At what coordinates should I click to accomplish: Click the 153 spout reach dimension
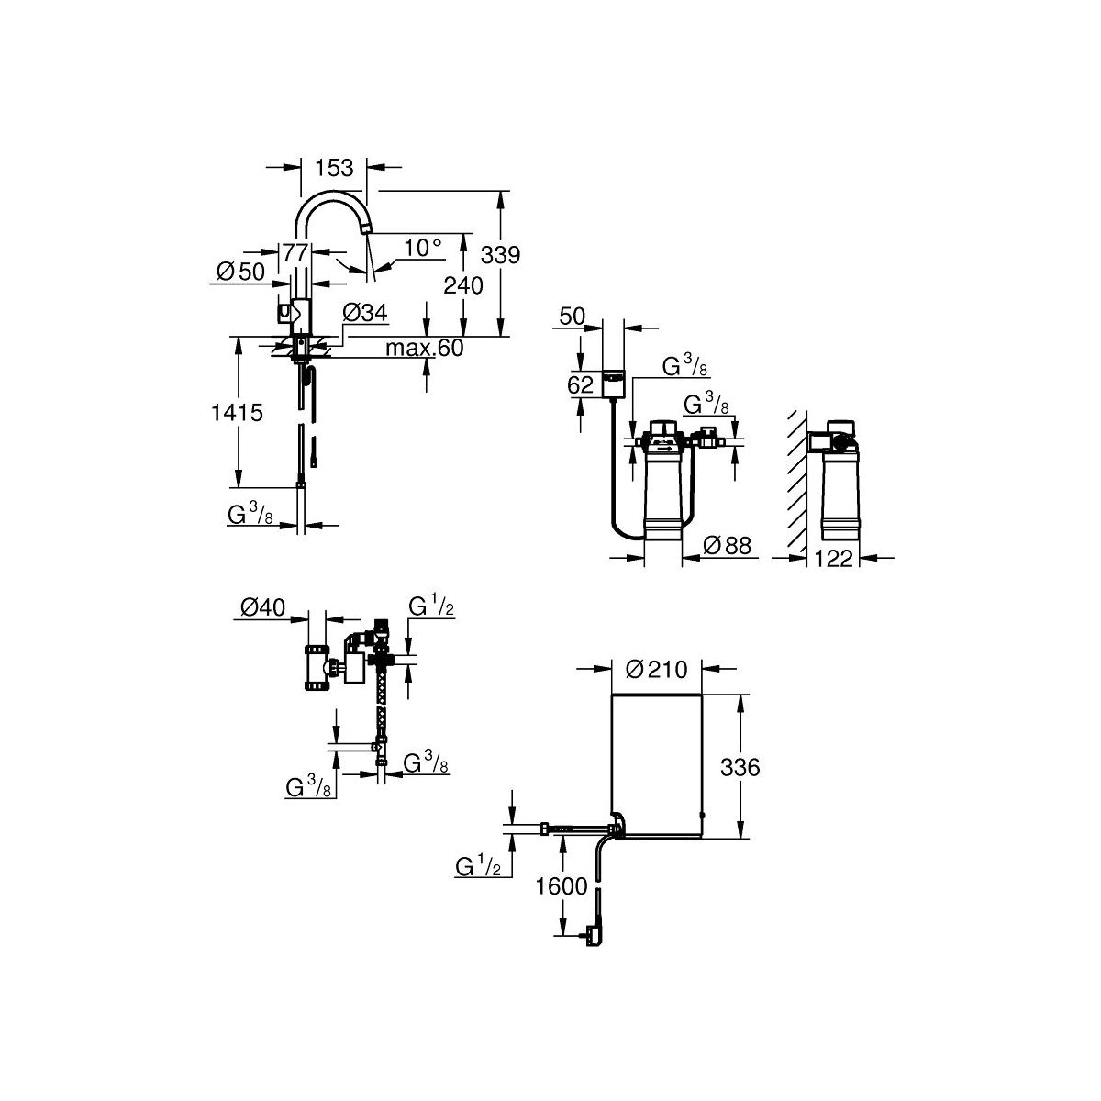pos(334,168)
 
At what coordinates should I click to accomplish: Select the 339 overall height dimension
pos(501,255)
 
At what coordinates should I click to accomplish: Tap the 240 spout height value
pos(463,285)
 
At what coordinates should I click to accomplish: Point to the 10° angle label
pos(423,248)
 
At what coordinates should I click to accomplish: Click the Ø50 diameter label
pos(241,272)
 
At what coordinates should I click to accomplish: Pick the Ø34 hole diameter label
pos(365,313)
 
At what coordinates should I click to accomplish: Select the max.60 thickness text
pos(425,348)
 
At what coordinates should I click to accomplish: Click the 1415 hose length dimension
pos(237,412)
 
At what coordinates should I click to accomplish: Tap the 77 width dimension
pos(295,252)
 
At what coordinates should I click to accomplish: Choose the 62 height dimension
pos(580,384)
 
